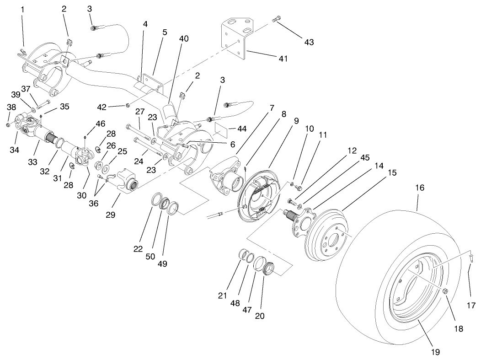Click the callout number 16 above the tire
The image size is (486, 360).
click(420, 188)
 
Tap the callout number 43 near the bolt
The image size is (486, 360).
click(309, 42)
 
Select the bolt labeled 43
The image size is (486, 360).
click(276, 19)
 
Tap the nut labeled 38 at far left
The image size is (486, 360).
click(9, 124)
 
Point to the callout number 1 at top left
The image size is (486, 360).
click(21, 9)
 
